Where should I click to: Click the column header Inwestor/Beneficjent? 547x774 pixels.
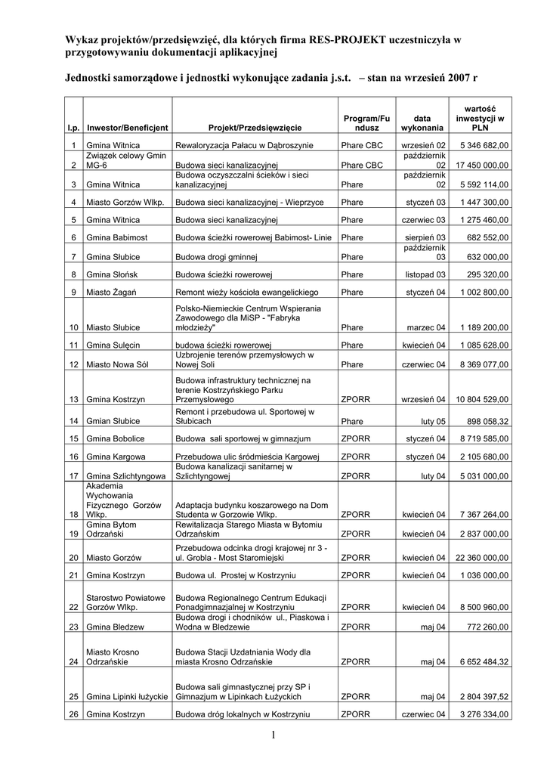tap(128, 128)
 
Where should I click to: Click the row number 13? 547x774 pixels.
tap(74, 399)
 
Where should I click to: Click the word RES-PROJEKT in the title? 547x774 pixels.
tap(345, 39)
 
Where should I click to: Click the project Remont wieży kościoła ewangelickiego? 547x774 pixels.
tap(247, 292)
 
